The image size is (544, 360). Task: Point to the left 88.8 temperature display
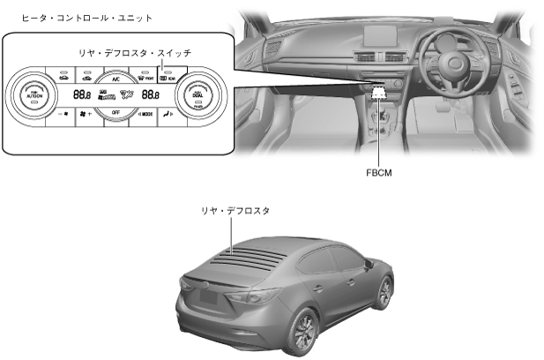tap(82, 94)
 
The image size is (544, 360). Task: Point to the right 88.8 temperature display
tap(150, 94)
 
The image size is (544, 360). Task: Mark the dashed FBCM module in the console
tap(378, 90)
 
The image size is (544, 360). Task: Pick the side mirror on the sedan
tap(372, 258)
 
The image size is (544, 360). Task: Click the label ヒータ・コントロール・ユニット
tap(75, 18)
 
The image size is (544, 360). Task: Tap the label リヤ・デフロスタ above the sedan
tap(235, 212)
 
